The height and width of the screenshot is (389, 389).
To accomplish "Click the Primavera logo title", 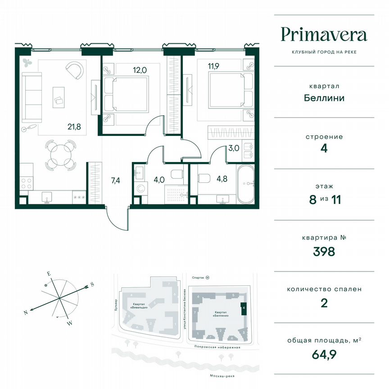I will (x=324, y=34).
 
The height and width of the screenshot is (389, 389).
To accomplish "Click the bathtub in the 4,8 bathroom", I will (x=246, y=183).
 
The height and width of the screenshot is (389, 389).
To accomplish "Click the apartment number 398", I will (x=324, y=251).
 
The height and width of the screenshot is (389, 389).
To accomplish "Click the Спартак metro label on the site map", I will (x=199, y=278).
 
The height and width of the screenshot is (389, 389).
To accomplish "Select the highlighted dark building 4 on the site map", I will (x=244, y=308).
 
